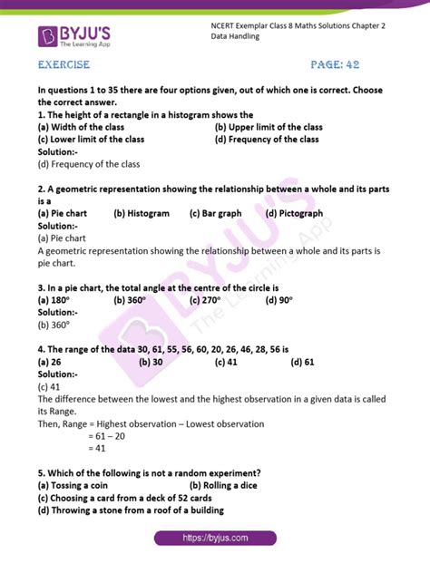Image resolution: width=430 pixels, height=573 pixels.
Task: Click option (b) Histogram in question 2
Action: click(x=142, y=214)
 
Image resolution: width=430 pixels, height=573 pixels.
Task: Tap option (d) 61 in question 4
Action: click(x=302, y=362)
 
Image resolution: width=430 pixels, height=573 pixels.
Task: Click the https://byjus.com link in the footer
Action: click(x=215, y=538)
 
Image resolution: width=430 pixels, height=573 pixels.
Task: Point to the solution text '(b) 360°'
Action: click(x=54, y=322)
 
